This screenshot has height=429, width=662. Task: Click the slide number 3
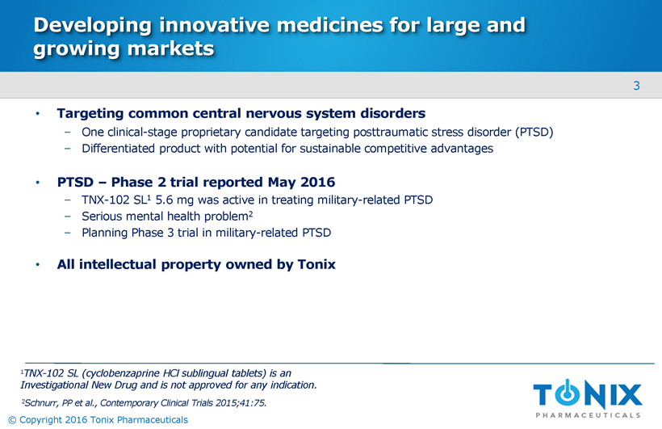pos(637,86)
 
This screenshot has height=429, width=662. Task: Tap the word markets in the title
pos(170,48)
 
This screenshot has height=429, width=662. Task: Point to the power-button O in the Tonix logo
pos(568,393)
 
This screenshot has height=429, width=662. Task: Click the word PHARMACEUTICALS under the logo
pos(588,415)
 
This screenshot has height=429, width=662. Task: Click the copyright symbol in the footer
pos(12,419)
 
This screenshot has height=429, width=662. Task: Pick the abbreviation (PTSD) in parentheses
pos(534,132)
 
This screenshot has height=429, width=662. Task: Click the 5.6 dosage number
pos(164,200)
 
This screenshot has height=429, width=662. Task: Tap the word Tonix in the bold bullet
pos(316,264)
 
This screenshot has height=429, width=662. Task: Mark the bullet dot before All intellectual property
pos(38,265)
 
